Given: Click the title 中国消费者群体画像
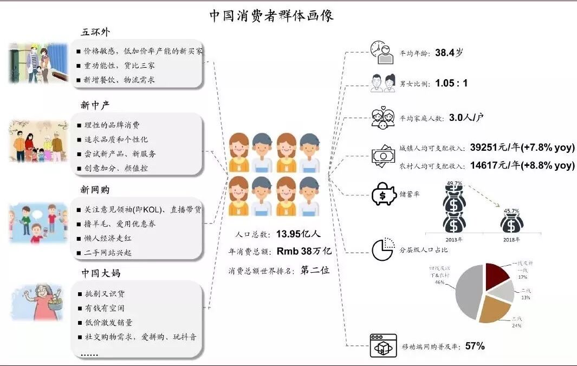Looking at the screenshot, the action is pos(271,15).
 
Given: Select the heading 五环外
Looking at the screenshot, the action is pos(95,32).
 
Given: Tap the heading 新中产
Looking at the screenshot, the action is pos(95,105).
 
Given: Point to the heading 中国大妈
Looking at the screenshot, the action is pos(101,273).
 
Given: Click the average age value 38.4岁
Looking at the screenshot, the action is pos(449,53).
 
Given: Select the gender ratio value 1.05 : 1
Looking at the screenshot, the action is pos(451,84).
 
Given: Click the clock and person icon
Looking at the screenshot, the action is pos(382,52).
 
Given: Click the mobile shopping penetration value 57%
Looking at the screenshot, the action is pos(475,345).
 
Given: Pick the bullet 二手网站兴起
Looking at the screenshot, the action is pos(109,253).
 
